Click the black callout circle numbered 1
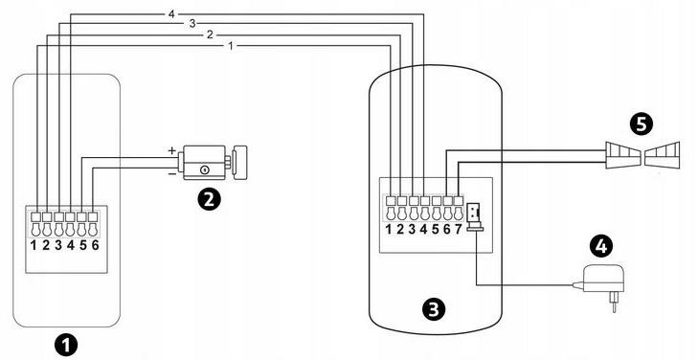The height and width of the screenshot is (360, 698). [65, 343]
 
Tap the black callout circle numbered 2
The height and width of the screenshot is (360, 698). [206, 199]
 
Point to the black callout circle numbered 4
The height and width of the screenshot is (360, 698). [600, 247]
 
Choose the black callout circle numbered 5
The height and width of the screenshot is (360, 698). [642, 123]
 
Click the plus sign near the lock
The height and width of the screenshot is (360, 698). [172, 151]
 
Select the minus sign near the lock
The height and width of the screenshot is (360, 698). [172, 173]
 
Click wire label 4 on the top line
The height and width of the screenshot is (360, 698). [170, 13]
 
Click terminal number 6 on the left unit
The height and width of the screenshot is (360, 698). [95, 246]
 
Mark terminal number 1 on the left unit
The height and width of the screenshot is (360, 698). [34, 246]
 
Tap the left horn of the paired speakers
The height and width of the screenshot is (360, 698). [621, 154]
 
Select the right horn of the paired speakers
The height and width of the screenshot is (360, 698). [664, 154]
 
